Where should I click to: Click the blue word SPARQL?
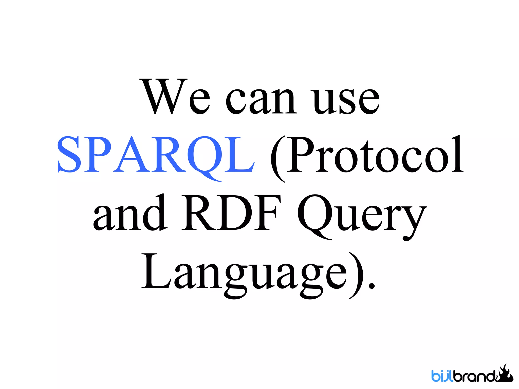[156, 155]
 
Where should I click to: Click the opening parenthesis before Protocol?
[277, 159]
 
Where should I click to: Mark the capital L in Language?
[155, 271]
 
